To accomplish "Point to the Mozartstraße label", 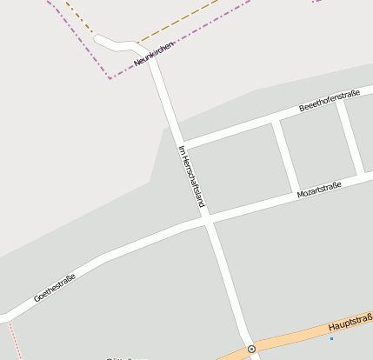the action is click(x=319, y=188).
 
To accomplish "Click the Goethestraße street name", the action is click(x=55, y=288).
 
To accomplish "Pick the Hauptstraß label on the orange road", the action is click(x=350, y=323).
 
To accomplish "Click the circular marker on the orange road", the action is click(x=251, y=349).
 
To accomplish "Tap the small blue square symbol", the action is click(x=331, y=337).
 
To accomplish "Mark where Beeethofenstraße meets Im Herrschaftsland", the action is click(x=180, y=143).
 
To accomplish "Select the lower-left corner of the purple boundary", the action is click(x=110, y=77).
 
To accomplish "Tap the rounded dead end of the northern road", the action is click(x=98, y=39).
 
